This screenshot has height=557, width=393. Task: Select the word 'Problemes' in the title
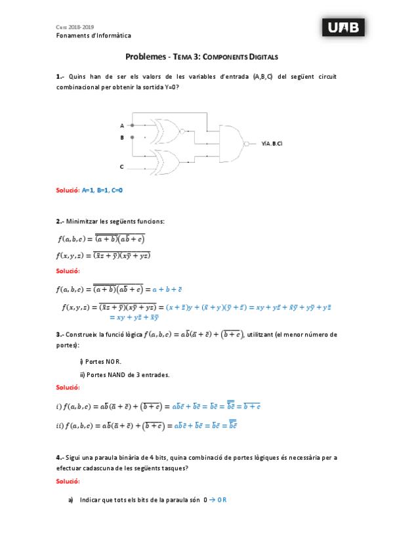pyautogui.click(x=146, y=58)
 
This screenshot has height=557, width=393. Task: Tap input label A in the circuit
pyautogui.click(x=121, y=125)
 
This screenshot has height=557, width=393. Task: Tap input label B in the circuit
pyautogui.click(x=121, y=138)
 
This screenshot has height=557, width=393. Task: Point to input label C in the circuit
pyautogui.click(x=121, y=167)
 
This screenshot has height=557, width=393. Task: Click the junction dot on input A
pyautogui.click(x=133, y=125)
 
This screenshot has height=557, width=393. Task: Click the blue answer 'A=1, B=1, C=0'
pyautogui.click(x=102, y=190)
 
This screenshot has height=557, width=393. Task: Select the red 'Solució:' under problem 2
pyautogui.click(x=68, y=271)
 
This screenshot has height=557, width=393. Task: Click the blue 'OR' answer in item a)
pyautogui.click(x=222, y=500)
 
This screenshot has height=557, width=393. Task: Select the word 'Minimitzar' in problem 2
pyautogui.click(x=83, y=221)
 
